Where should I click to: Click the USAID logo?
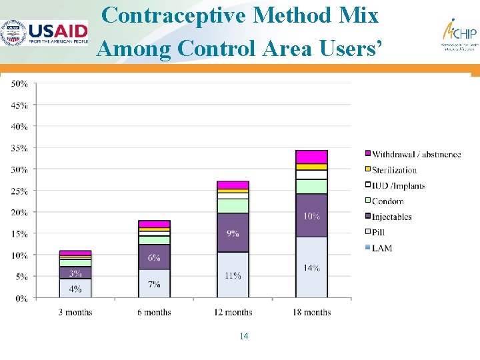(45, 33)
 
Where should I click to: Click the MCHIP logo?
(459, 35)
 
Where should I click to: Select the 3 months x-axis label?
(75, 312)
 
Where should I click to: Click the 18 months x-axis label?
(311, 312)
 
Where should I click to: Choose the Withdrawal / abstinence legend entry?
(416, 154)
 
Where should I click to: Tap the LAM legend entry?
(382, 248)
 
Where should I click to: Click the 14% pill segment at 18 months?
(311, 267)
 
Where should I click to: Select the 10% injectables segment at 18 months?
(311, 215)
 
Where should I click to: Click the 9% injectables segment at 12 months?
(233, 233)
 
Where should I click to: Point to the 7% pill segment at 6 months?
(154, 284)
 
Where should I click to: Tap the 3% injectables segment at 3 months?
(75, 273)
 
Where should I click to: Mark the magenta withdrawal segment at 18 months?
(311, 157)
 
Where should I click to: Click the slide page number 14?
(243, 336)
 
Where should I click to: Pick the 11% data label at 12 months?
(233, 275)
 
